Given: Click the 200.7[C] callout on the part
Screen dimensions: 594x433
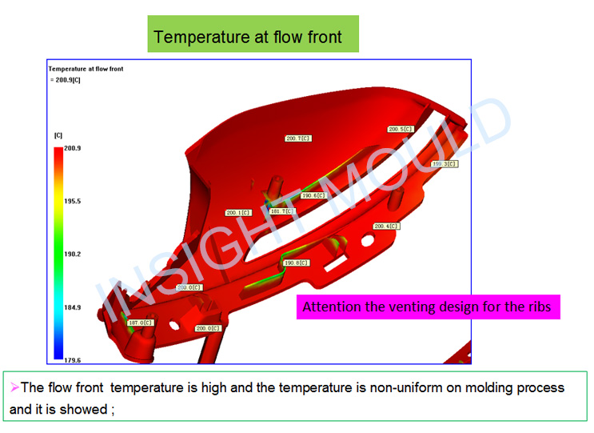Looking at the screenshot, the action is [x=298, y=138].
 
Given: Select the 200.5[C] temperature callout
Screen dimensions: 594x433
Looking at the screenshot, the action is [x=401, y=130].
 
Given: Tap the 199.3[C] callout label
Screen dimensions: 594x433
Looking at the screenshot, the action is [x=445, y=164].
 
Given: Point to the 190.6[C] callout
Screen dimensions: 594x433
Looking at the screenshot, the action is [x=313, y=195].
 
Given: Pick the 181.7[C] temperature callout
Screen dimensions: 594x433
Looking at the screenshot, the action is [x=282, y=211].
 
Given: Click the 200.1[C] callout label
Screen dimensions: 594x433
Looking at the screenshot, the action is [x=239, y=213].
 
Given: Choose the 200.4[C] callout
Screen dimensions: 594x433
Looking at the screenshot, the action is [x=386, y=227].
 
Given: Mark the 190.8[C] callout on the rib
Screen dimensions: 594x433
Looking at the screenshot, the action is [x=297, y=263].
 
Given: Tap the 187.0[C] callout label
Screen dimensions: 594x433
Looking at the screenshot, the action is [x=141, y=323].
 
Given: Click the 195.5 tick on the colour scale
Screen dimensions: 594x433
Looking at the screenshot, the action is [x=73, y=202].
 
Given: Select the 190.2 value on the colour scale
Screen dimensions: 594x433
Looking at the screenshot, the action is [x=73, y=254].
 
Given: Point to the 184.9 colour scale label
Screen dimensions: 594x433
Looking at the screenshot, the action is [x=73, y=307].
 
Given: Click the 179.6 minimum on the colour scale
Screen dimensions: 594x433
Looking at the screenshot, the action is [x=73, y=360].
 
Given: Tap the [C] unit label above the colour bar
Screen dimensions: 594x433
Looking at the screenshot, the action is [x=58, y=135].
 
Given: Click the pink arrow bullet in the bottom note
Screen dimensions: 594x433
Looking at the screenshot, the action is [x=14, y=387].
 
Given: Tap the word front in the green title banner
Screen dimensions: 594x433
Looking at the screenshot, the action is [x=325, y=37].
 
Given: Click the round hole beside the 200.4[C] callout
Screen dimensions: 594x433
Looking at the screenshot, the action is [x=368, y=240].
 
